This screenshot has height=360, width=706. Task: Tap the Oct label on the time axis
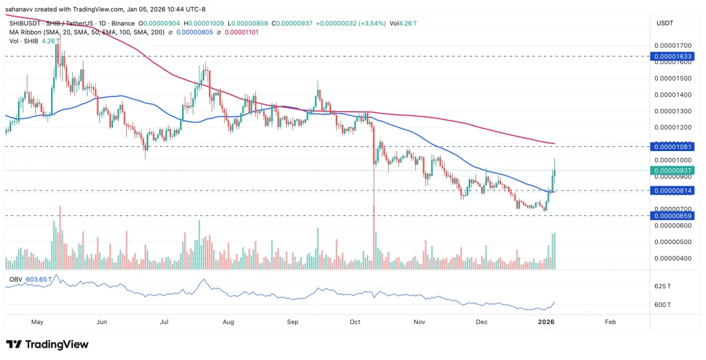[355, 321]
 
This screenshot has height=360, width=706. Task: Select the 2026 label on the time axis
[546, 321]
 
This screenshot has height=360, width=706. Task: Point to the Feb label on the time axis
[610, 321]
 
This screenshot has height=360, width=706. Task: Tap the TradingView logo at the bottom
[48, 344]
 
